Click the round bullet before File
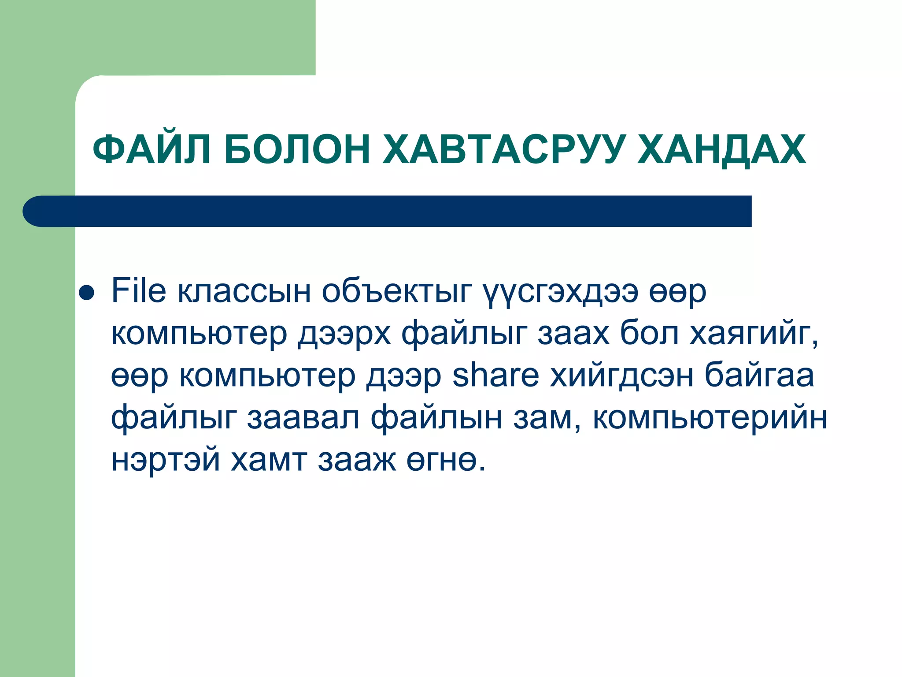click(x=86, y=293)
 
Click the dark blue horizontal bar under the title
click(x=388, y=211)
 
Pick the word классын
click(x=244, y=292)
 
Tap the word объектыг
click(x=396, y=292)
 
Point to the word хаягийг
click(x=754, y=334)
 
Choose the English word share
click(x=495, y=376)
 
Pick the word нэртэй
click(x=165, y=460)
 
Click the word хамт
click(x=269, y=460)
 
